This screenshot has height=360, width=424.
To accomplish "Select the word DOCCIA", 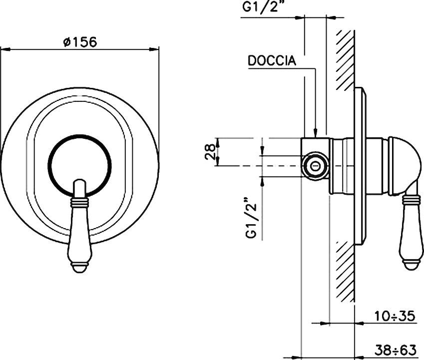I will pyautogui.click(x=272, y=61).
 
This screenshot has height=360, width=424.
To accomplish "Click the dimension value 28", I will pyautogui.click(x=211, y=151).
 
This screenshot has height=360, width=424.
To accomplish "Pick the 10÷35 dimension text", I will pyautogui.click(x=395, y=316).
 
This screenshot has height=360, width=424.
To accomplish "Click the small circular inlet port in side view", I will pyautogui.click(x=316, y=165).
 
